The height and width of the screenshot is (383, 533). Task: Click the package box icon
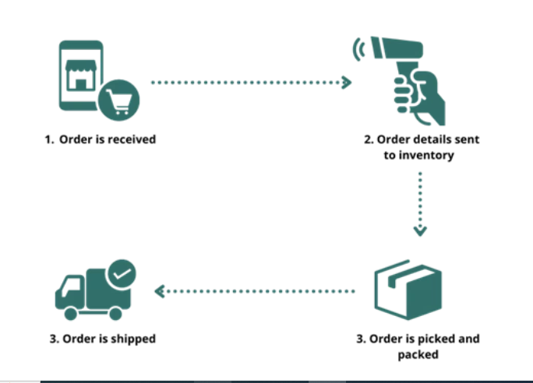pyautogui.click(x=408, y=290)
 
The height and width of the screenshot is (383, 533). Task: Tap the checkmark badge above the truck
pyautogui.click(x=122, y=273)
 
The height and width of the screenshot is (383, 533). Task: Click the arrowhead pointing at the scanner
pyautogui.click(x=347, y=82)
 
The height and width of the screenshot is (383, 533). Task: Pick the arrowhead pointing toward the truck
pyautogui.click(x=160, y=291)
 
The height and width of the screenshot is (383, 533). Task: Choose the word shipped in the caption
pyautogui.click(x=132, y=339)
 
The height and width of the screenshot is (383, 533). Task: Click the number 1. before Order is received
pyautogui.click(x=49, y=140)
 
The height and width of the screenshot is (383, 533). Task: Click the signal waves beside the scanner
pyautogui.click(x=360, y=50)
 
